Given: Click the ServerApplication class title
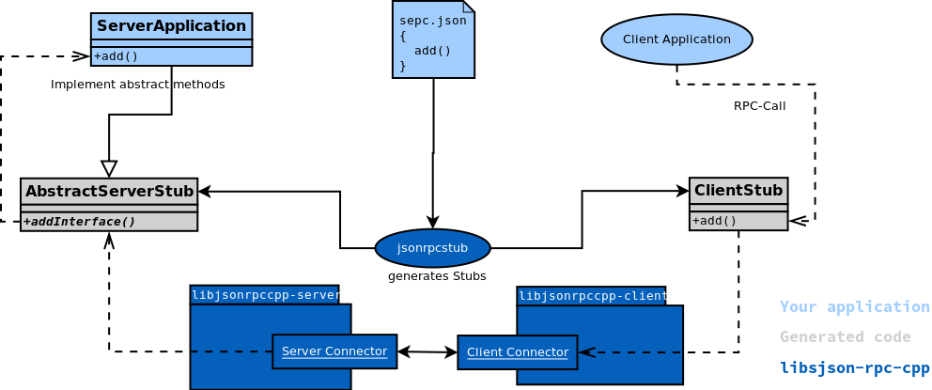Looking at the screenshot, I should [171, 26].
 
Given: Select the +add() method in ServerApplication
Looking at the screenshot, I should [116, 56].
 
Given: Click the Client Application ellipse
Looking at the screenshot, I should [676, 39].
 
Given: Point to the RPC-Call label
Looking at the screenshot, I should [759, 106].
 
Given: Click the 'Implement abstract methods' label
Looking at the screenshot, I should [137, 85].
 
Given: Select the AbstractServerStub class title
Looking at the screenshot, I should [109, 192].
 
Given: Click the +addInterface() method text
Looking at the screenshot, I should [79, 222].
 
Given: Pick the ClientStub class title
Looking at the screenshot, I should [738, 191].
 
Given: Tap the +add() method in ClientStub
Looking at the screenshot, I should [714, 221].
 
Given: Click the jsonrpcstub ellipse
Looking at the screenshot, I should [432, 248].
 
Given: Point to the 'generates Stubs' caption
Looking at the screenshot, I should [437, 276].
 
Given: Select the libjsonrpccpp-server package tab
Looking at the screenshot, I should [264, 295].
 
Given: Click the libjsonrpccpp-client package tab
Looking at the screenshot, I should [591, 296].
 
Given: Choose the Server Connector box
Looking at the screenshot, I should [334, 351].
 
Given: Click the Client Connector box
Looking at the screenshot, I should [517, 352].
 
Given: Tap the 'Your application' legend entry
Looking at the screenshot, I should [854, 307].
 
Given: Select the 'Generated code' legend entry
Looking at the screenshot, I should [845, 337].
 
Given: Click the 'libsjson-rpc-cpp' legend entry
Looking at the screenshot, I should [854, 367].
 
